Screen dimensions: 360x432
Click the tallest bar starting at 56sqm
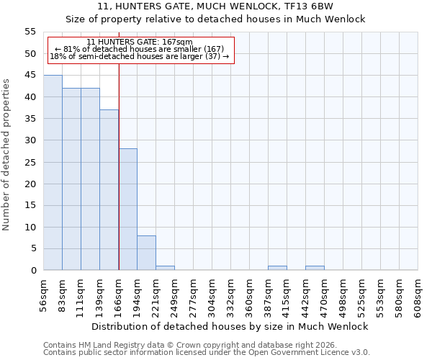[53, 173]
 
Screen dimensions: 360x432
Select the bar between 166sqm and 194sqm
[127, 210]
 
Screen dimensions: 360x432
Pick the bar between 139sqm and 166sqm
[109, 190]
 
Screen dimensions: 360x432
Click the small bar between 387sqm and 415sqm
[277, 268]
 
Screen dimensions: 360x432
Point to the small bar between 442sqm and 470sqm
[315, 268]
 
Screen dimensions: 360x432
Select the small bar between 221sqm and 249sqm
[165, 268]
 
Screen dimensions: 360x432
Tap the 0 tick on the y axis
[32, 271]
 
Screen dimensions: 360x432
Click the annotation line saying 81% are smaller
[140, 49]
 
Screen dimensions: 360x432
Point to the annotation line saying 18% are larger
[140, 56]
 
